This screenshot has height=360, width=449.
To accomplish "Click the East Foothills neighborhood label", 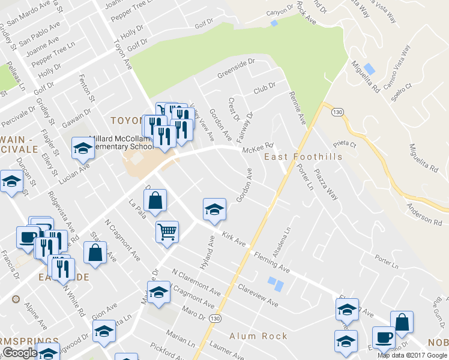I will [x=303, y=157].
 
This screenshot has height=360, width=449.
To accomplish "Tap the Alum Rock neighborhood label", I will [x=258, y=336].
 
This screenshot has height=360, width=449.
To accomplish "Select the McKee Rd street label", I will [x=258, y=147].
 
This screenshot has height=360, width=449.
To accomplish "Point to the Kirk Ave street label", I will [x=234, y=239].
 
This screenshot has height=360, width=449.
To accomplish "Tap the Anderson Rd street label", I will [x=424, y=213].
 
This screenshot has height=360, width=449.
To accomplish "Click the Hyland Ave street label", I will [x=211, y=251].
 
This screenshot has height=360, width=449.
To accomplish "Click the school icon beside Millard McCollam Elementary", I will [x=83, y=149].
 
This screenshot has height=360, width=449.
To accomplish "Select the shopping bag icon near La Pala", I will [x=155, y=202].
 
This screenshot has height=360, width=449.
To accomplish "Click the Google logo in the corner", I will [x=19, y=353].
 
